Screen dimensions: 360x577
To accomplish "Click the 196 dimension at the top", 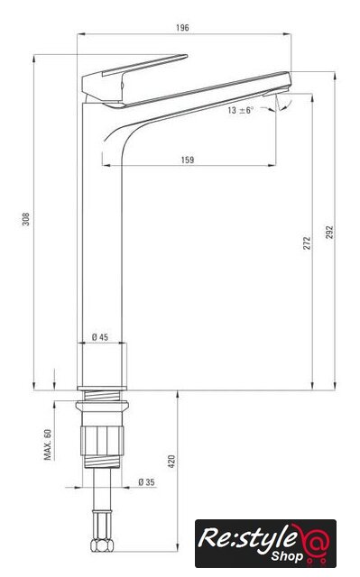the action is point(182,28).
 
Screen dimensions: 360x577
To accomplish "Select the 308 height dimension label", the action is point(26,219).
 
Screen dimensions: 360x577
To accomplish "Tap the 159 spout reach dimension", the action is point(188,160).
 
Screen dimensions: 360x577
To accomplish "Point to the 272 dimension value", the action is point(307,243).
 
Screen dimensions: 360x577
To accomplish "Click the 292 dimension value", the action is point(329,233).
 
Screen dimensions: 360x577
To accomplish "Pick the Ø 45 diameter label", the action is point(100,336).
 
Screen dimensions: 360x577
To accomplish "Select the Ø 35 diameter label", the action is point(146,481).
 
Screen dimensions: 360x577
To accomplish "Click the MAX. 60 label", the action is point(48,444).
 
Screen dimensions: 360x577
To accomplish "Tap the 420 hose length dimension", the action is point(172,462).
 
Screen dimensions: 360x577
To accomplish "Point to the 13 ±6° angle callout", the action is point(240,110).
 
